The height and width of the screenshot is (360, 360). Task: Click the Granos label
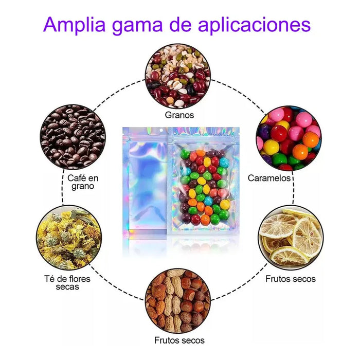point(179,115)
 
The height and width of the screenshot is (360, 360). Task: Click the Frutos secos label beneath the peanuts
point(179,340)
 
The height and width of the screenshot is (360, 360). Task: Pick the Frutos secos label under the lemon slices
point(291,279)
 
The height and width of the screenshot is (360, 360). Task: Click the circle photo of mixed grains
point(178,76)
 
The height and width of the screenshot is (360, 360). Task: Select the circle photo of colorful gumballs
point(288,138)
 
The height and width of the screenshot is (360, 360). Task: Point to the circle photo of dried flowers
point(68,238)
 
